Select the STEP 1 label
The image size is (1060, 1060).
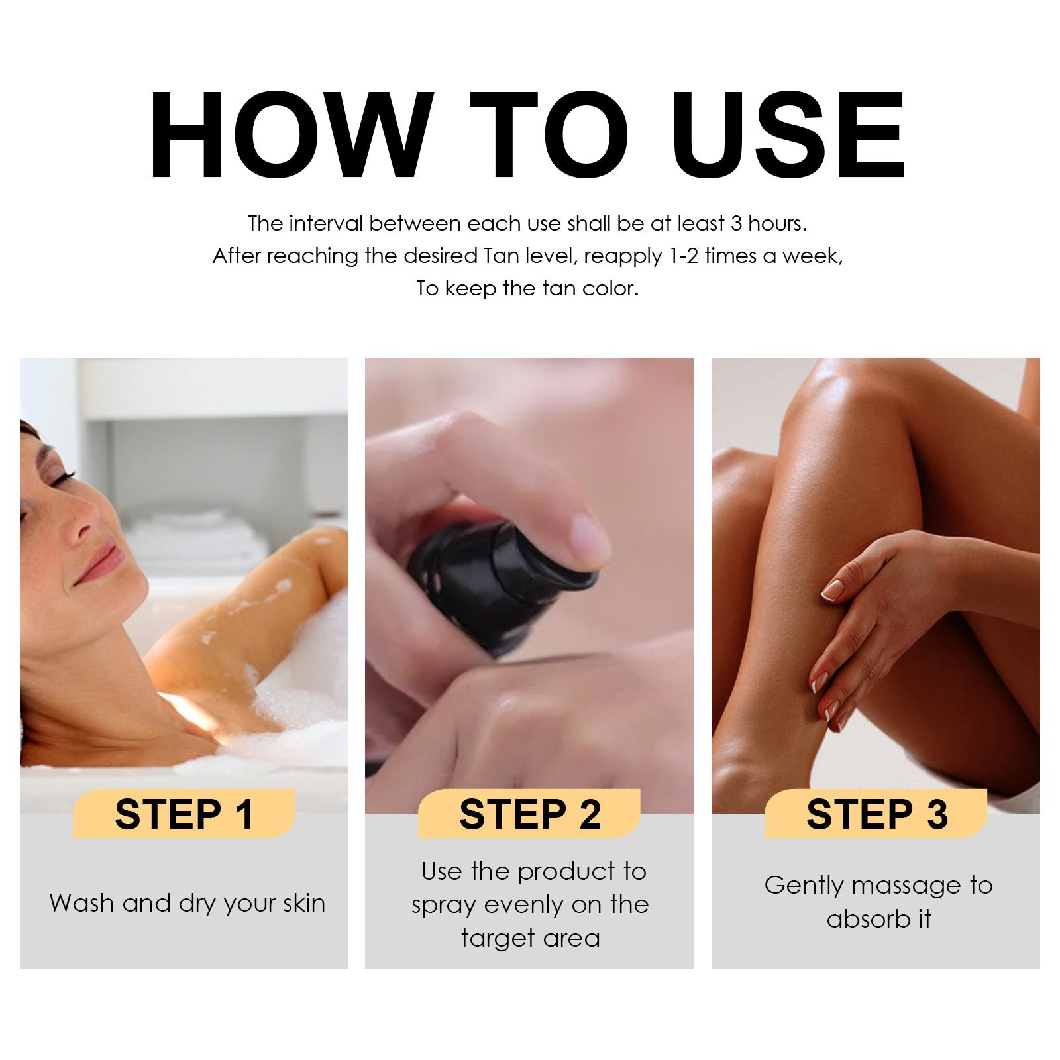[x=184, y=814]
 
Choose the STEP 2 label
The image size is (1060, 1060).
[x=530, y=814]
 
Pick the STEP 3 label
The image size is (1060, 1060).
[x=876, y=814]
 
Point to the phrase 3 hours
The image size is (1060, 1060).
[x=768, y=223]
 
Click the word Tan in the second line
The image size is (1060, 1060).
[x=486, y=256]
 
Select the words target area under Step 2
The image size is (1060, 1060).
[x=530, y=939]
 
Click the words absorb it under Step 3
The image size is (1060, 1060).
[x=878, y=919]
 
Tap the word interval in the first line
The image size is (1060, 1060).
[x=326, y=223]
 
